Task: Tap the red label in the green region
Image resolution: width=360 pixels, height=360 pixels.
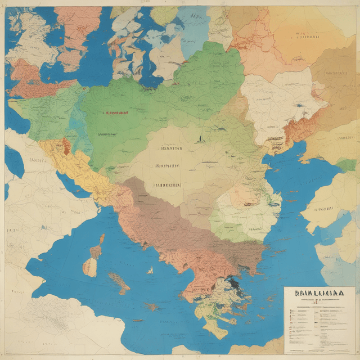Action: click(x=115, y=112)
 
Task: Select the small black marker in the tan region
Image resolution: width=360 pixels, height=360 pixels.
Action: click(x=200, y=138)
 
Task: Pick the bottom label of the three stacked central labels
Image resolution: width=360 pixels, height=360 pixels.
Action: click(x=166, y=184)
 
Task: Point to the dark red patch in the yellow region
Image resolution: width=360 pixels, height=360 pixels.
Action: click(x=67, y=147)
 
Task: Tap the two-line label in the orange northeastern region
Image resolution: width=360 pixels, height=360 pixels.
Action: click(x=307, y=37)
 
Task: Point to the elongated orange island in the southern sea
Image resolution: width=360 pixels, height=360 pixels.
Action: click(x=119, y=281)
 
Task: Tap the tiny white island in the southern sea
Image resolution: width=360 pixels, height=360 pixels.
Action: click(x=150, y=271)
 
